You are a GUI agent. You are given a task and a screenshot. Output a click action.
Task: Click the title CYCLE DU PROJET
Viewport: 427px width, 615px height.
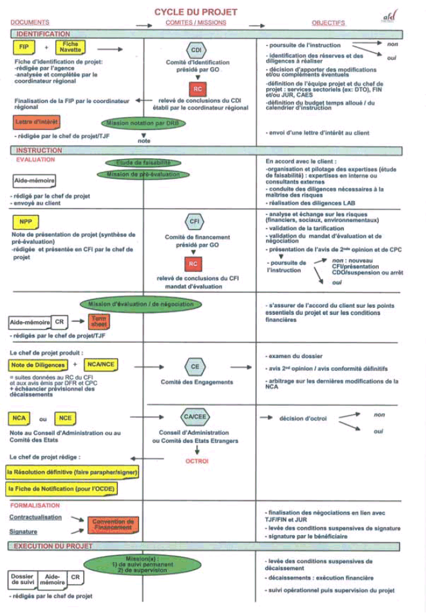[195, 12]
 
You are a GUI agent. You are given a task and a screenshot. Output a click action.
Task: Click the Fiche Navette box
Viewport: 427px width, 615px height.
[70, 47]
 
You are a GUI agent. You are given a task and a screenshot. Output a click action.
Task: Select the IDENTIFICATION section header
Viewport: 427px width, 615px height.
[43, 33]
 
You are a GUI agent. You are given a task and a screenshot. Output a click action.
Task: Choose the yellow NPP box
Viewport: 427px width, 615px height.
[26, 222]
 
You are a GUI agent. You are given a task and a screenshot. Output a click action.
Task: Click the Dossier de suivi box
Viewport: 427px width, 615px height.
[23, 579]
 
